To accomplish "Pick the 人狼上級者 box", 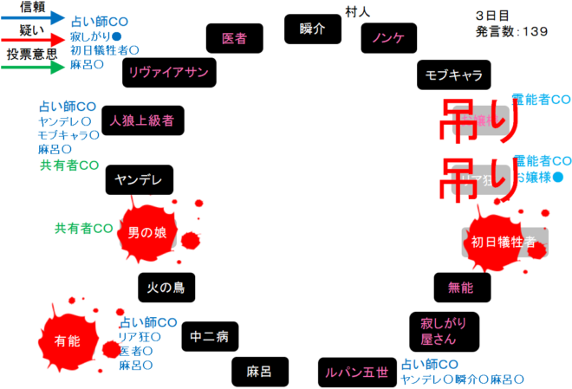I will pyautogui.click(x=142, y=120).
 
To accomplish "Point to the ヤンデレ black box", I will pyautogui.click(x=139, y=179).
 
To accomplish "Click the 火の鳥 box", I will pyautogui.click(x=166, y=287).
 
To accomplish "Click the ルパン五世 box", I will pyautogui.click(x=356, y=372).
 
